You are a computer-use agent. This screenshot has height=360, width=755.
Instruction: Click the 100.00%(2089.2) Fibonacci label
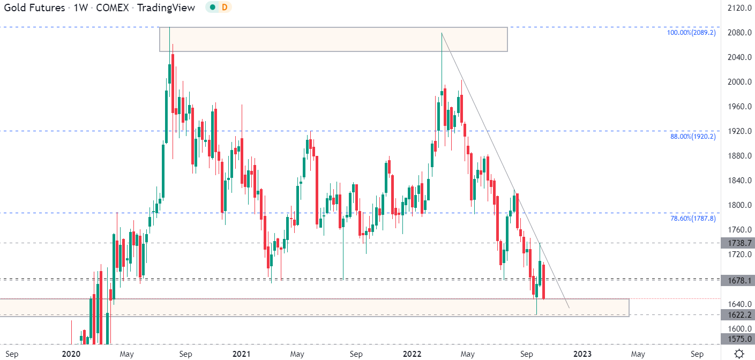click(x=691, y=33)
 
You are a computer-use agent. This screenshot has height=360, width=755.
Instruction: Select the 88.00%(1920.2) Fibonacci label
click(x=693, y=137)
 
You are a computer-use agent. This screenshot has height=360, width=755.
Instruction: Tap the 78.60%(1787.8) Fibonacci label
click(x=693, y=219)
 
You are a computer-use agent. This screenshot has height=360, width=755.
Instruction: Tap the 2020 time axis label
click(x=71, y=354)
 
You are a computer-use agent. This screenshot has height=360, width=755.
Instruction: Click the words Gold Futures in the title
click(x=35, y=8)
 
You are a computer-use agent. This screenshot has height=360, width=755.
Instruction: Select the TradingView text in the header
click(x=166, y=8)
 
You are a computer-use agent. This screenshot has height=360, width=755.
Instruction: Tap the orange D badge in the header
click(x=225, y=7)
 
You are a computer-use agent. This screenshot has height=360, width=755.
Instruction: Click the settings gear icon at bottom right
click(x=739, y=354)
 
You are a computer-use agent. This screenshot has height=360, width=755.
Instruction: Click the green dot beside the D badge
click(x=213, y=7)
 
